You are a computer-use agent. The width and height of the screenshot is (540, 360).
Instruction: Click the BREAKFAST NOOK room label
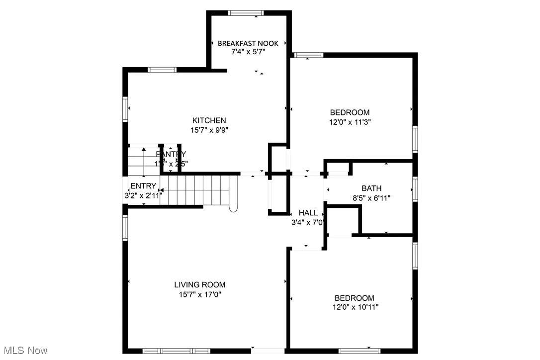click(248, 43)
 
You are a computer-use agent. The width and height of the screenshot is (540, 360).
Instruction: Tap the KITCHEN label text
click(209, 120)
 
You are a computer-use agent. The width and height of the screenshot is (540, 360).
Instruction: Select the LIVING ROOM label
click(199, 285)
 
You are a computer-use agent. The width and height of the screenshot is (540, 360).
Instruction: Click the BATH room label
click(371, 188)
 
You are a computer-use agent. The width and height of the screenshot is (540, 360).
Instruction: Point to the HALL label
click(308, 213)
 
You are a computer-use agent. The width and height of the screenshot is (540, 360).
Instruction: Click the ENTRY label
click(143, 186)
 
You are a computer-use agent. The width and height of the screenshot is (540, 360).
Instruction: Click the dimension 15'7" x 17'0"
click(199, 294)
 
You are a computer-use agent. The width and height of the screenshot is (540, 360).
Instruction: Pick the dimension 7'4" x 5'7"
click(248, 52)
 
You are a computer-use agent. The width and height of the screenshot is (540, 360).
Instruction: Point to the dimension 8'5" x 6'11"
click(371, 198)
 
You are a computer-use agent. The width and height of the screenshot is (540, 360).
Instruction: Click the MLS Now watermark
click(24, 351)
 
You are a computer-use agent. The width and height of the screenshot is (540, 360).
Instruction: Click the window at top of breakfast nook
click(246, 12)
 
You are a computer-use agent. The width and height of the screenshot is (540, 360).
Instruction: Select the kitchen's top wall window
click(163, 70)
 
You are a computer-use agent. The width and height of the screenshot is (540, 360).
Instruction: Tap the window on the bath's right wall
click(415, 189)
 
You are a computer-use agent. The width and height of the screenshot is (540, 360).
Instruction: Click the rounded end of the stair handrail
click(233, 208)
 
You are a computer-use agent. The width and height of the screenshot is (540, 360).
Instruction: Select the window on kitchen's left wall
click(125, 108)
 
